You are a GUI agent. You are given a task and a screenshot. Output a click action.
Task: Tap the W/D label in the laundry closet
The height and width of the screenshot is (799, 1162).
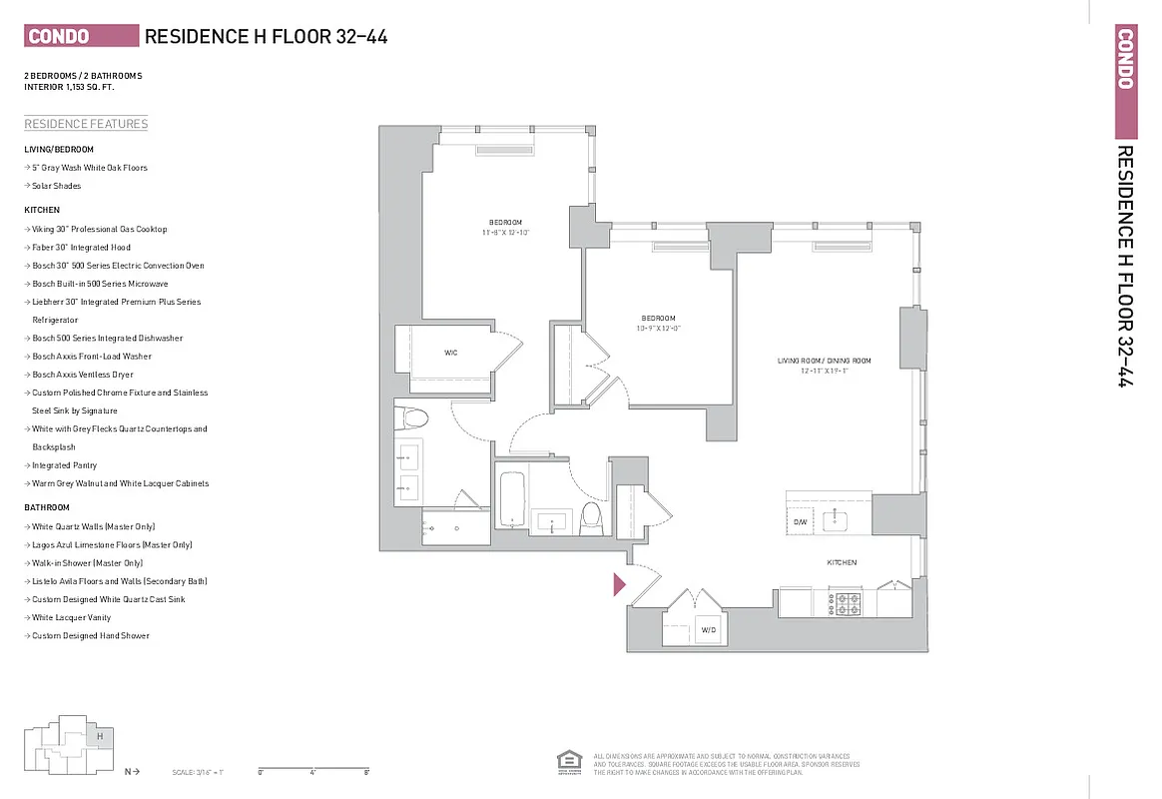coord(709,630)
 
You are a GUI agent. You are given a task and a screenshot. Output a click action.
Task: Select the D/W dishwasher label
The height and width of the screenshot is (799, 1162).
coord(800,522)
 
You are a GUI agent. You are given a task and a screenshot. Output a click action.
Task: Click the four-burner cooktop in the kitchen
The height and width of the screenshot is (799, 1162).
coord(849,604)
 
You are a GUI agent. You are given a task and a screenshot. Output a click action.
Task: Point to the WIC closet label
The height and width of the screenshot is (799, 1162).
coord(451,353)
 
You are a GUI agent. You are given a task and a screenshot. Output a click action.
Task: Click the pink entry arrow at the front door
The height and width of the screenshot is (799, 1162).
coord(618,584)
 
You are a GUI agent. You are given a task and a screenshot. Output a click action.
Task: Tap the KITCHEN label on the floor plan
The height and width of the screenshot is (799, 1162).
coord(842,563)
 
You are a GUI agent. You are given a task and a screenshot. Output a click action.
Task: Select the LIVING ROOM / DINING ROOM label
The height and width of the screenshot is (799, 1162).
coord(825,361)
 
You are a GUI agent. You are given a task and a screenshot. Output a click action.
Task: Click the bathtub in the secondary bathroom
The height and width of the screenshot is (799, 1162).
coord(511,499)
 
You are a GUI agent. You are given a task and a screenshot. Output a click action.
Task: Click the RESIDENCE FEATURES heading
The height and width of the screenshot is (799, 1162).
coord(86,124)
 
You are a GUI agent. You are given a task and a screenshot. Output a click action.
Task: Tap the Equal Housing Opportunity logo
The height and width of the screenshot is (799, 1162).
coord(568,761)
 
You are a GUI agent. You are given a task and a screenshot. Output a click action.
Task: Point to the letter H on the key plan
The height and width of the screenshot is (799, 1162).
coord(99,736)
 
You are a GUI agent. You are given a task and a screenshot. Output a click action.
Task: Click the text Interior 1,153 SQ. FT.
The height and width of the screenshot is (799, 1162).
coord(68,87)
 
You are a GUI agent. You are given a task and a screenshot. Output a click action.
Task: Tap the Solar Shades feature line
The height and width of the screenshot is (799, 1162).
coord(56,186)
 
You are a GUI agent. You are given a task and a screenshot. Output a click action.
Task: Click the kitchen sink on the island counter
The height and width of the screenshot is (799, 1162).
coord(839,520)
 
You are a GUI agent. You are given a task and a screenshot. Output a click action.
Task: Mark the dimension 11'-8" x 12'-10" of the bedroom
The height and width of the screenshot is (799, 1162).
coord(505,232)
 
